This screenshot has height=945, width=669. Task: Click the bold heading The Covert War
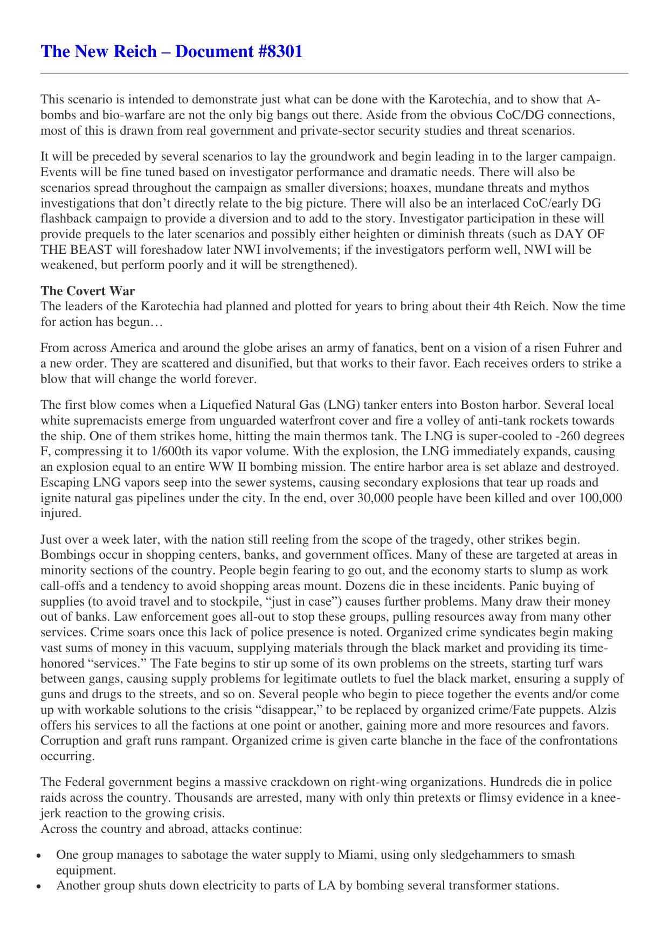[x=88, y=291]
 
